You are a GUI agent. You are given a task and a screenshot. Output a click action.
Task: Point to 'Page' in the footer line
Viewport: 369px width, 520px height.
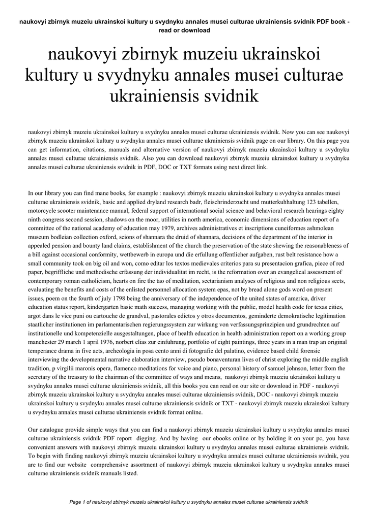(76, 502)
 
